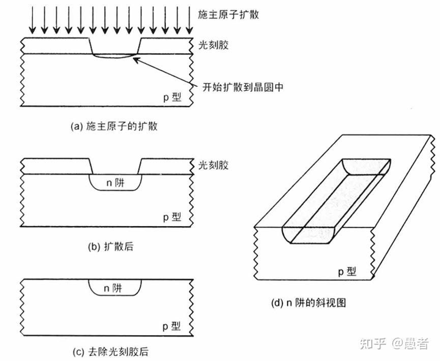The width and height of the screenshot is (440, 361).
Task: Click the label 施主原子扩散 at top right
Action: point(228,14)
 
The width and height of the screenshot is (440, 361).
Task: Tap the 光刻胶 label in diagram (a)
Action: point(213,45)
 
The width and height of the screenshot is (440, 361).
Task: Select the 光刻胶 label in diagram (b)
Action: point(213,165)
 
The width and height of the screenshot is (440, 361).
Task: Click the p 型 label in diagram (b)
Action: point(171,217)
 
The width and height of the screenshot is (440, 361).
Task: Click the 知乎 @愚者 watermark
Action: point(394,344)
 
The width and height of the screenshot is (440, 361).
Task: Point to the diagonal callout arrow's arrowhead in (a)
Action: point(135,59)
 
